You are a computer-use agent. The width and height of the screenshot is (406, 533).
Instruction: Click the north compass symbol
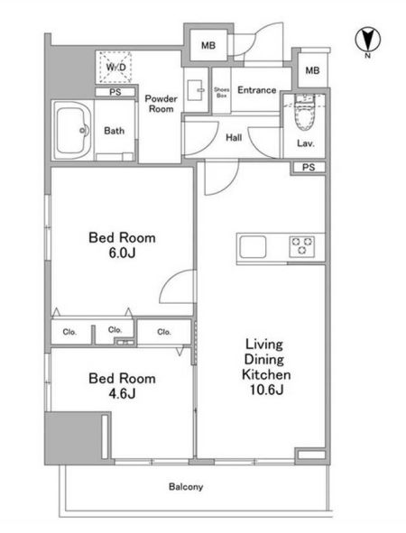(x=367, y=40)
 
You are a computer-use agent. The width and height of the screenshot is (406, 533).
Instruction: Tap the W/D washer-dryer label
(x=115, y=68)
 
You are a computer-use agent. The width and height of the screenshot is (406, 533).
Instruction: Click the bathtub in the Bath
(x=73, y=130)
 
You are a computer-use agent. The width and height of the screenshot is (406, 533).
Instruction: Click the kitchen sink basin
(x=253, y=247)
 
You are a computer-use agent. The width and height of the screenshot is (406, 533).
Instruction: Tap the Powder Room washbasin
(x=196, y=90)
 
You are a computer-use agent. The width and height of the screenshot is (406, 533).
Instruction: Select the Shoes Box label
(x=221, y=93)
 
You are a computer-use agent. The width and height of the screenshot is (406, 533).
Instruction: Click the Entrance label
(x=257, y=90)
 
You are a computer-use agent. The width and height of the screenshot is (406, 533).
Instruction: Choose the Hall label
(x=234, y=138)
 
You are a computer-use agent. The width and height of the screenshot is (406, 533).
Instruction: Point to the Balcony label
(x=186, y=487)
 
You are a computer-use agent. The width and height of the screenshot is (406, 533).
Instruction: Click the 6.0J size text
(x=122, y=253)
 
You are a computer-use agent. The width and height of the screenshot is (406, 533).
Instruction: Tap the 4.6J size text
(x=122, y=393)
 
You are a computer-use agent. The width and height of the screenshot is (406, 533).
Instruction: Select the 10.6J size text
(x=266, y=390)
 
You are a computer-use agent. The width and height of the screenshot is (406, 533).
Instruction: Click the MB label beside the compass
(x=312, y=70)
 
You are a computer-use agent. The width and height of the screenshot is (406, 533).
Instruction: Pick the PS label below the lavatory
(x=309, y=167)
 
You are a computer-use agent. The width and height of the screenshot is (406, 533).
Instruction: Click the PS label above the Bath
(x=115, y=92)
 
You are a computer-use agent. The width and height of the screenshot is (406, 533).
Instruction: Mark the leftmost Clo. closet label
(x=69, y=332)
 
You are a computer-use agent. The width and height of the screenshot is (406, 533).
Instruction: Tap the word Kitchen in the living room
(x=266, y=374)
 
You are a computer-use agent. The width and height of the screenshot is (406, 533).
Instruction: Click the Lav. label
(x=305, y=143)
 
